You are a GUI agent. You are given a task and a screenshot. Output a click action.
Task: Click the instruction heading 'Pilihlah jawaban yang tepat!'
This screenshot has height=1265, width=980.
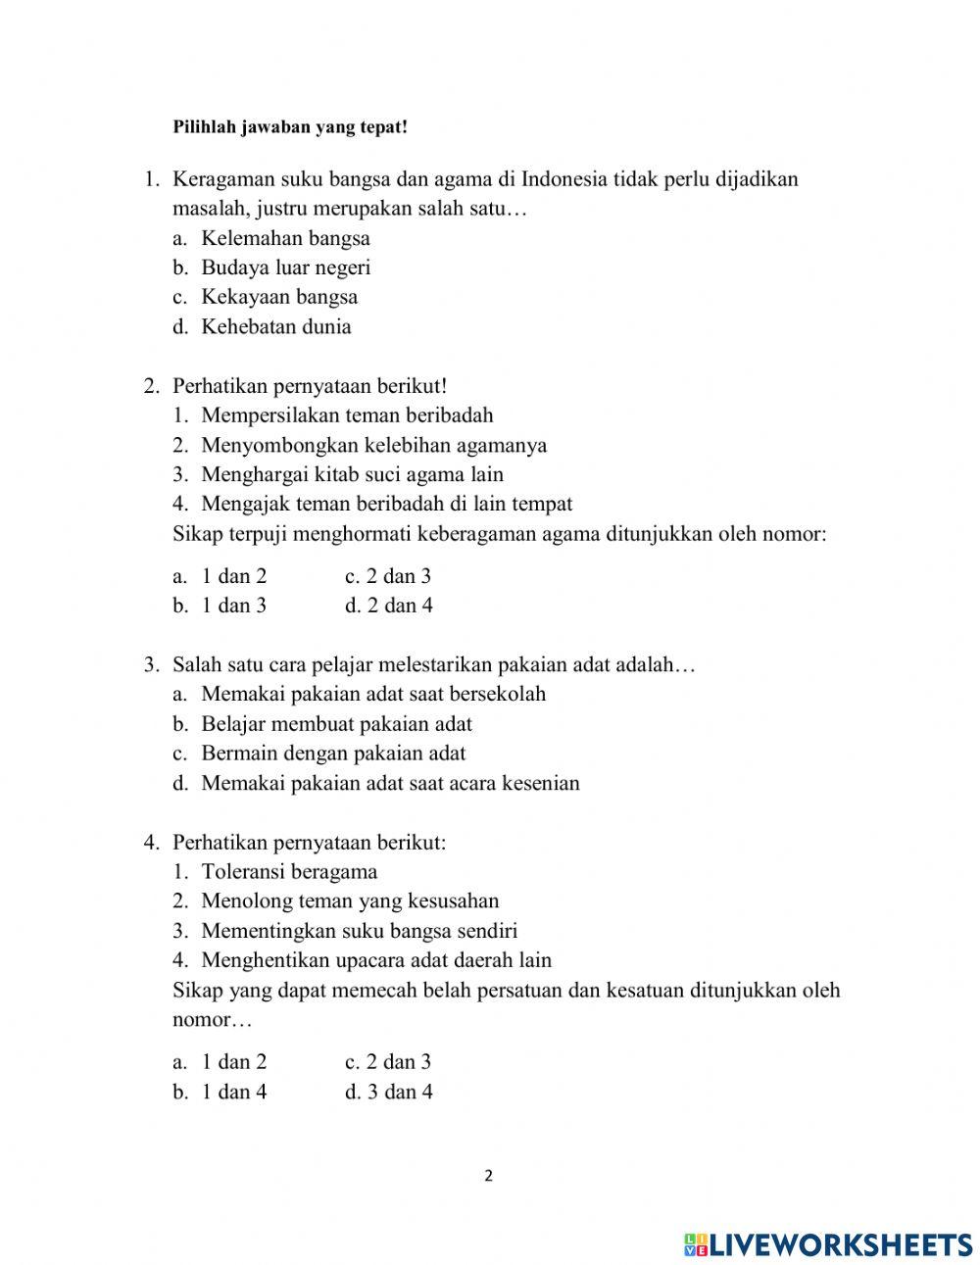coord(289,127)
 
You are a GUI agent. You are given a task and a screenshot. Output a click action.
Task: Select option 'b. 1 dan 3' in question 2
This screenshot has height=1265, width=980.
coord(220,606)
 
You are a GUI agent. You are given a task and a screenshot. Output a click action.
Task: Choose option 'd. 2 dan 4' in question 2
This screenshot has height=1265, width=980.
coord(389,606)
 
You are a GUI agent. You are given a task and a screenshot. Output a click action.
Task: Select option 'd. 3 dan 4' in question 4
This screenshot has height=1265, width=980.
coord(389,1092)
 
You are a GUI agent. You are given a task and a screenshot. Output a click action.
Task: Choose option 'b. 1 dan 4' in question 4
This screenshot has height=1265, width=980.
coord(220,1092)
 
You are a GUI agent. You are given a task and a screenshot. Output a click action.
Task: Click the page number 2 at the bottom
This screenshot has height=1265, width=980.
coord(489,1177)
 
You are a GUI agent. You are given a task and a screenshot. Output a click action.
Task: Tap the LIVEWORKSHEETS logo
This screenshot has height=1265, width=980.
coord(828,1244)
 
